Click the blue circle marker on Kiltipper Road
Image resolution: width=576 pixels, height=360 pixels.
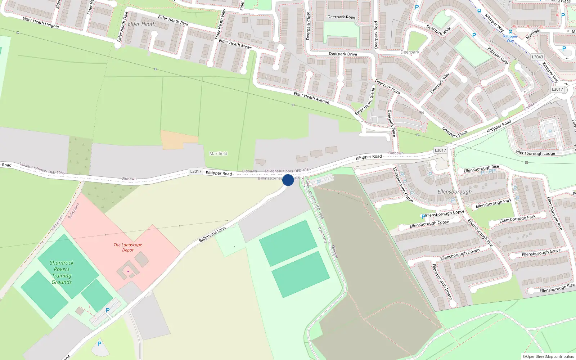point(288,180)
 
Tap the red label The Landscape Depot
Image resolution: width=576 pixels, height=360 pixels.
point(128,247)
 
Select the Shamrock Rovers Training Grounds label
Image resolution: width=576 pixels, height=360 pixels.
point(62,273)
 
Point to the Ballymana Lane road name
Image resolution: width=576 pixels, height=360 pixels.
point(212,234)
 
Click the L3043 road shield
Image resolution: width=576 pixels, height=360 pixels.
point(537,57)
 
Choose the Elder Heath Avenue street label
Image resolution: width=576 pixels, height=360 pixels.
point(311,98)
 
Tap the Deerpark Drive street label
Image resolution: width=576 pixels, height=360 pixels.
point(343,54)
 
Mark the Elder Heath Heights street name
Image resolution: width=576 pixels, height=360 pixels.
point(41,22)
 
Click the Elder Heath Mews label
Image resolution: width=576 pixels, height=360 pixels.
point(235,44)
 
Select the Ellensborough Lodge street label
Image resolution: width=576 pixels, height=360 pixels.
point(535,153)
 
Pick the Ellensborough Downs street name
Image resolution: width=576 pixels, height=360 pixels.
point(460,254)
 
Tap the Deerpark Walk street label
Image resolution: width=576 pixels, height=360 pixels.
point(438,30)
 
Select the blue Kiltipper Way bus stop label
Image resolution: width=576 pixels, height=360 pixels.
point(510,38)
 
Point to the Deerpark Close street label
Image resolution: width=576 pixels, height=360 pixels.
point(308,26)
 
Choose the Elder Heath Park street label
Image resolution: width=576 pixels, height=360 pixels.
point(173,20)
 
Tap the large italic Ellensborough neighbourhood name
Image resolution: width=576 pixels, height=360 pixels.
point(454,192)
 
